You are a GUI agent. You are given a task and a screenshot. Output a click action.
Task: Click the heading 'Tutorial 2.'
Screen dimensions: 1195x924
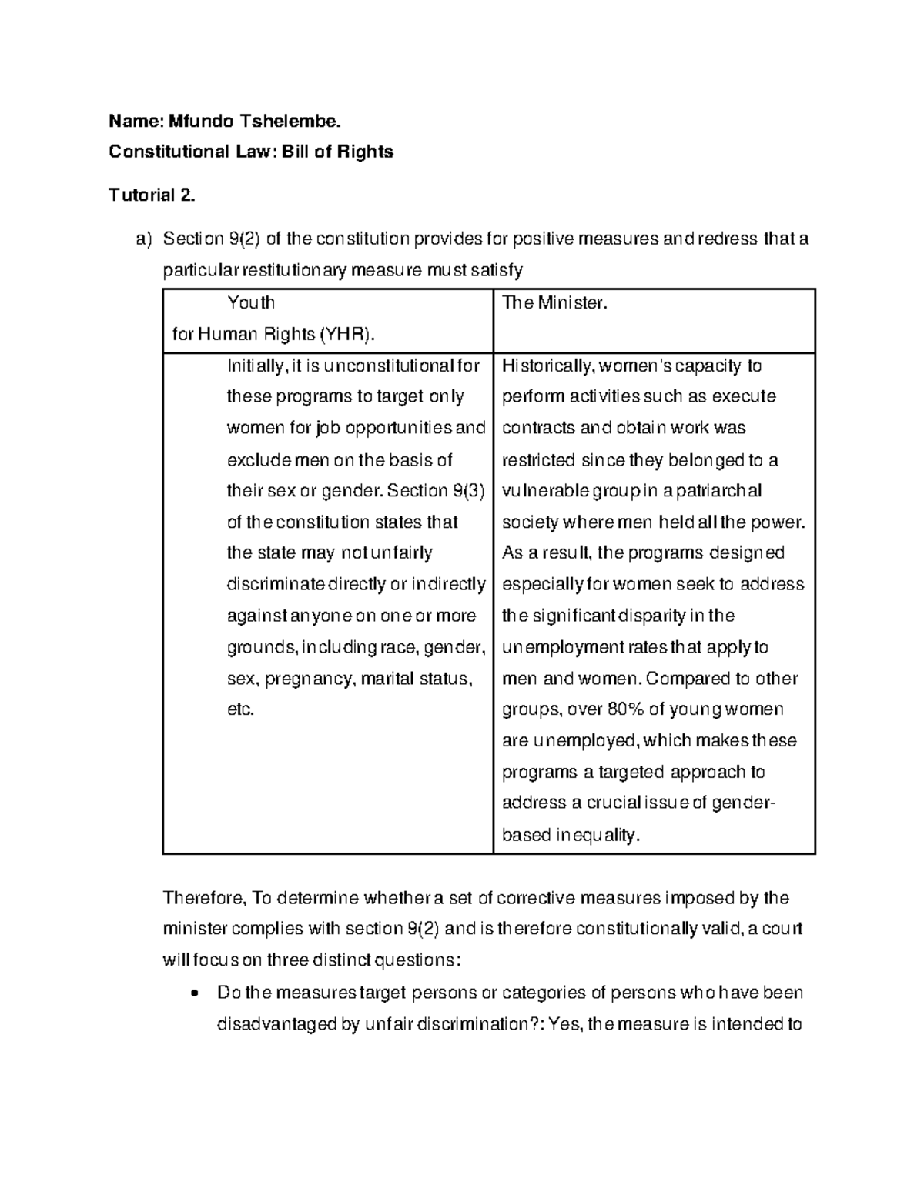tap(152, 195)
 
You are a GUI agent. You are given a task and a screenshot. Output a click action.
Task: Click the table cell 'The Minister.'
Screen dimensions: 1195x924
tap(555, 303)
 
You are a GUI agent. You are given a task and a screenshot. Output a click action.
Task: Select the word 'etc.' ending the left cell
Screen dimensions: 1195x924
tap(240, 709)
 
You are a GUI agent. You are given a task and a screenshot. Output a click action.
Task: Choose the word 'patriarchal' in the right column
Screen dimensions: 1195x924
tap(720, 490)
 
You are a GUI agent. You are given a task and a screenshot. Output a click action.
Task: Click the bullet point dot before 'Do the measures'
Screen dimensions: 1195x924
tap(199, 993)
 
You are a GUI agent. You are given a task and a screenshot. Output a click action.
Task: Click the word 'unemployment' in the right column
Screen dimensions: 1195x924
tap(561, 647)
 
